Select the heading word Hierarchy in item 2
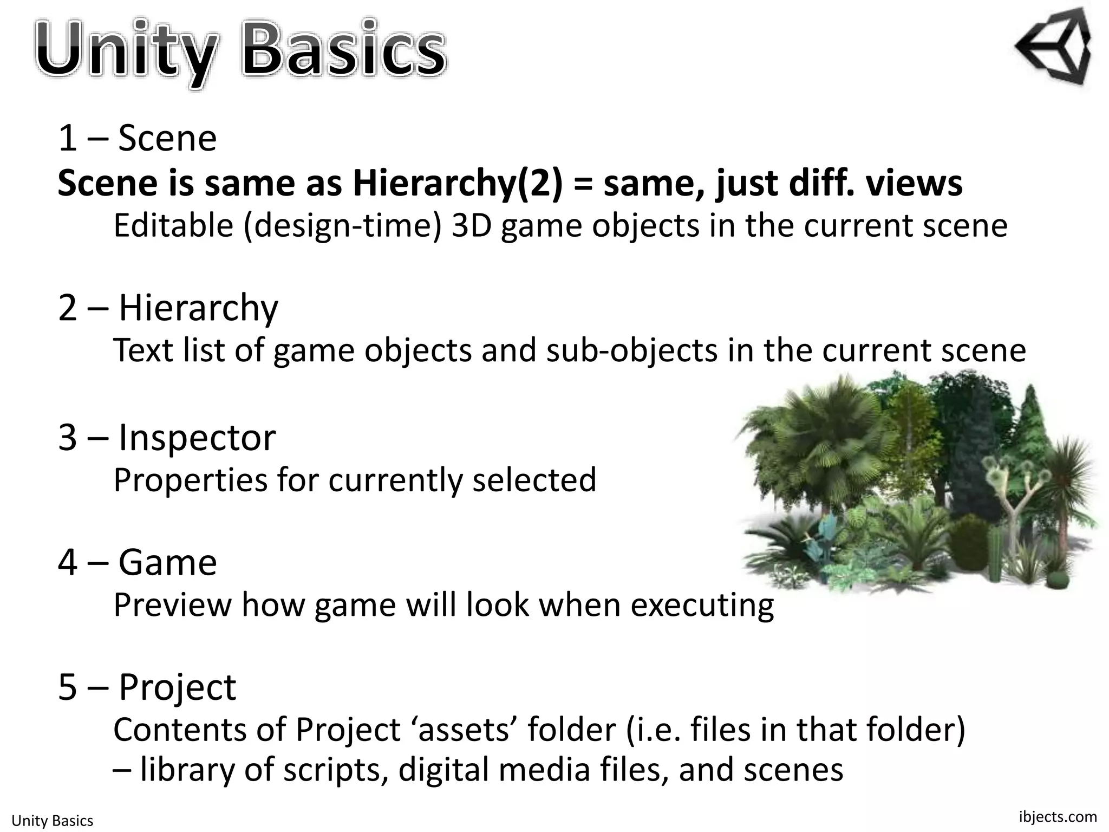[x=198, y=308]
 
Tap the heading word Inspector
[x=197, y=438]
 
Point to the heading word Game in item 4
[x=168, y=562]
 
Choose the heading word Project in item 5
[x=177, y=687]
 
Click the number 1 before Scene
[x=67, y=139]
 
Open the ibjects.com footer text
[x=1058, y=816]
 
